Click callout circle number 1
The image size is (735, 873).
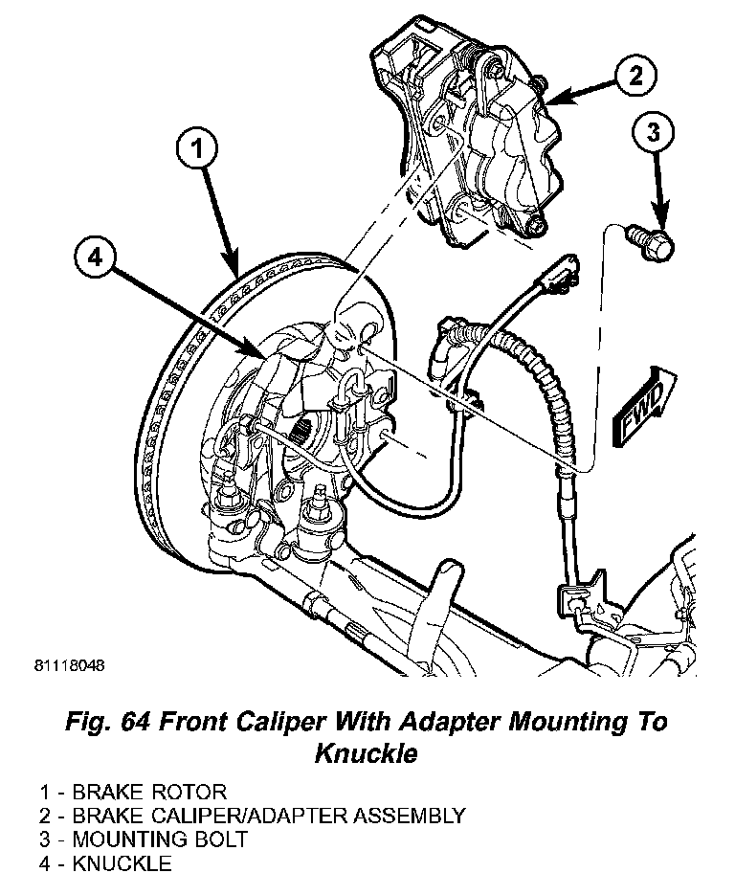coord(196,150)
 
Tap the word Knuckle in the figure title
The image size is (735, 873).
coord(367,753)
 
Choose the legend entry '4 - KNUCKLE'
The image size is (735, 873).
coord(105,863)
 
